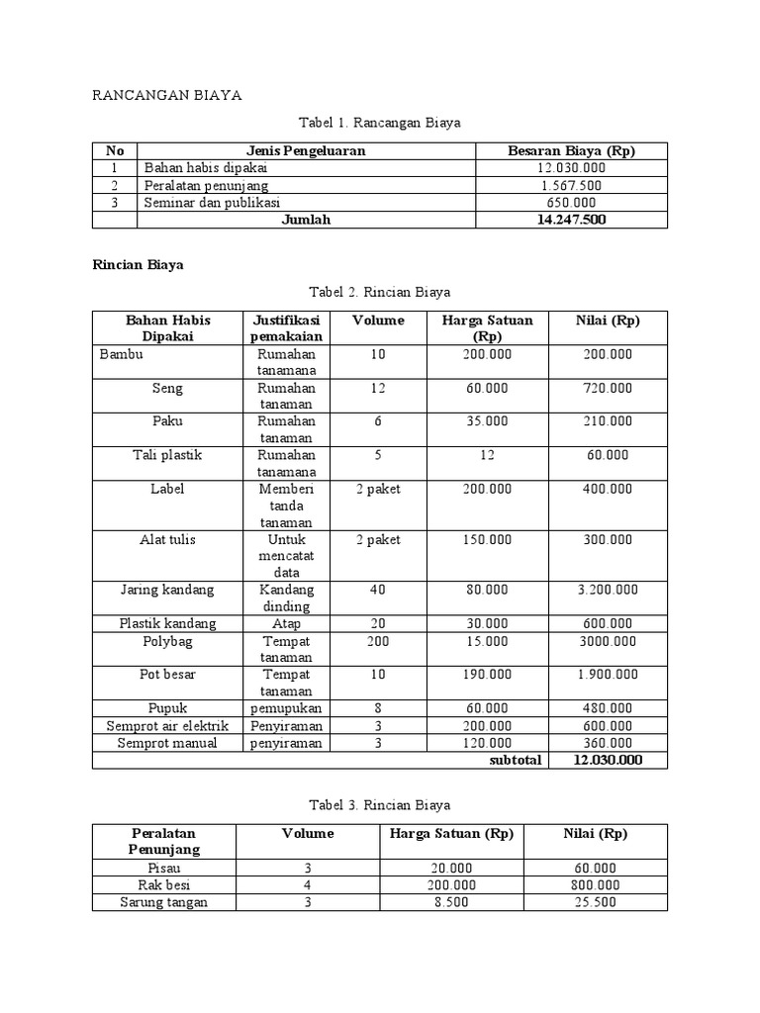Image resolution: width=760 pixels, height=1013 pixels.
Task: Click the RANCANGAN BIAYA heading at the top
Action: pyautogui.click(x=166, y=95)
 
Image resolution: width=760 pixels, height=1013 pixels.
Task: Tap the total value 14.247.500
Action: pyautogui.click(x=571, y=220)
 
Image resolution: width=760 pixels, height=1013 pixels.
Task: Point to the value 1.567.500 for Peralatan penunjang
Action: pyautogui.click(x=571, y=185)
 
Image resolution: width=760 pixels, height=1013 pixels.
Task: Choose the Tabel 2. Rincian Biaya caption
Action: pyautogui.click(x=380, y=292)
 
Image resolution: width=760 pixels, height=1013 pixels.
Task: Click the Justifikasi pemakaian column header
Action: pyautogui.click(x=286, y=328)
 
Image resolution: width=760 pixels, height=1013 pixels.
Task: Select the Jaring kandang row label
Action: pyautogui.click(x=167, y=590)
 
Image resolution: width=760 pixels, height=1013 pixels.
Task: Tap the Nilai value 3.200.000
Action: pyautogui.click(x=608, y=590)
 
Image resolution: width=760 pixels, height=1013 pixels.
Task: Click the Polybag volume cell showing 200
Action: pyautogui.click(x=378, y=640)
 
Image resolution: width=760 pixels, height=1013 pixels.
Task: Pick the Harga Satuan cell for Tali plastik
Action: pyautogui.click(x=485, y=455)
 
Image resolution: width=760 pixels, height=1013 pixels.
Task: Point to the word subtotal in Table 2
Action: pyautogui.click(x=516, y=760)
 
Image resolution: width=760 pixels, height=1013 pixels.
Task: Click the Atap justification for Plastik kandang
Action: pyautogui.click(x=286, y=623)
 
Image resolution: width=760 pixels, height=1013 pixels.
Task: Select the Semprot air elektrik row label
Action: pyautogui.click(x=167, y=725)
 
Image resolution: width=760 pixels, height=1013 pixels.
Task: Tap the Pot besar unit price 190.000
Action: pyautogui.click(x=485, y=675)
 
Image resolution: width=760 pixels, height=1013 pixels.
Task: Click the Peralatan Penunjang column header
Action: pyautogui.click(x=163, y=841)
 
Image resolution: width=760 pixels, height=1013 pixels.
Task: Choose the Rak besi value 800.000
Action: pyautogui.click(x=596, y=885)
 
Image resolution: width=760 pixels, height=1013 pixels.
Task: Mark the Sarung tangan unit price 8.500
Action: pyautogui.click(x=450, y=902)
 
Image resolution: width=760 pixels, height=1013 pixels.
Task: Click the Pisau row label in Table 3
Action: pyautogui.click(x=163, y=869)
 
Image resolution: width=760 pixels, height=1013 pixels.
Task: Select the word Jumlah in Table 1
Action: pyautogui.click(x=306, y=220)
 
